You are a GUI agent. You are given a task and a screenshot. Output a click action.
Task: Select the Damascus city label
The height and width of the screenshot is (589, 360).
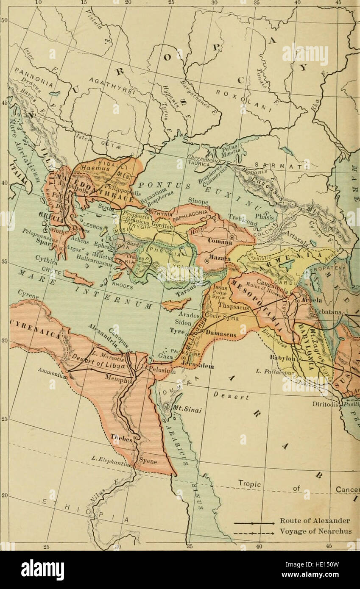221,334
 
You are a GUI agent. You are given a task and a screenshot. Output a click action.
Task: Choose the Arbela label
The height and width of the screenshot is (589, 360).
313,300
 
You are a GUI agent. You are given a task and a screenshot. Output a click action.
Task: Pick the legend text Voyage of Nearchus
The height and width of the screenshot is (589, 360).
315,531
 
